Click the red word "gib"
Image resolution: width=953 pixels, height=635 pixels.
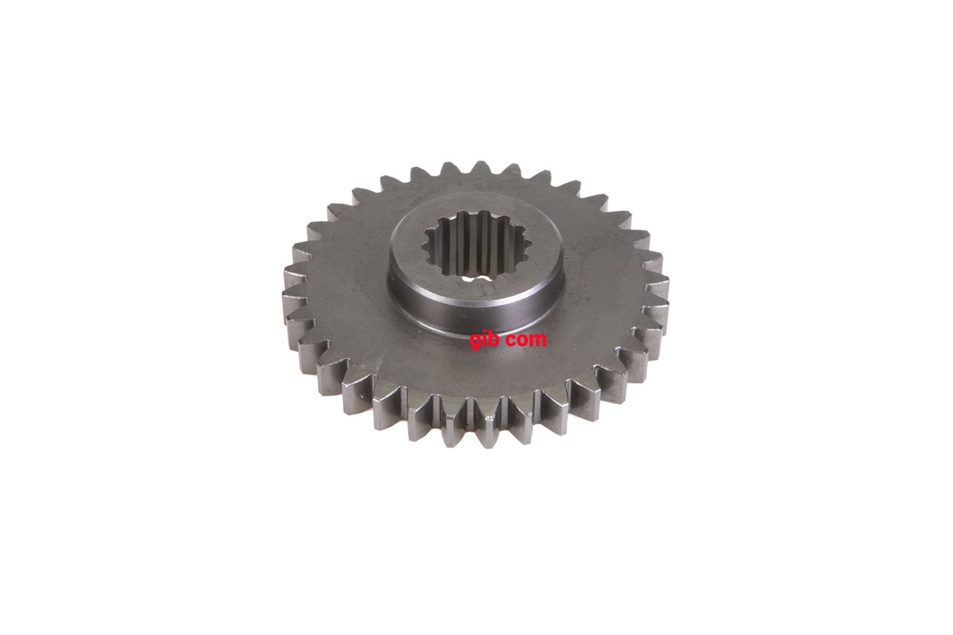pos(485,340)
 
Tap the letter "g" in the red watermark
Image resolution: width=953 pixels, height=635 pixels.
pos(476,341)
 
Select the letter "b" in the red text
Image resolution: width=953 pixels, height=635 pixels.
pos(494,338)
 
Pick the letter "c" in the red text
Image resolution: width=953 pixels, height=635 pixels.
pos(511,340)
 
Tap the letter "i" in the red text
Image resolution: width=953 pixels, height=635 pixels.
pos(486,338)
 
